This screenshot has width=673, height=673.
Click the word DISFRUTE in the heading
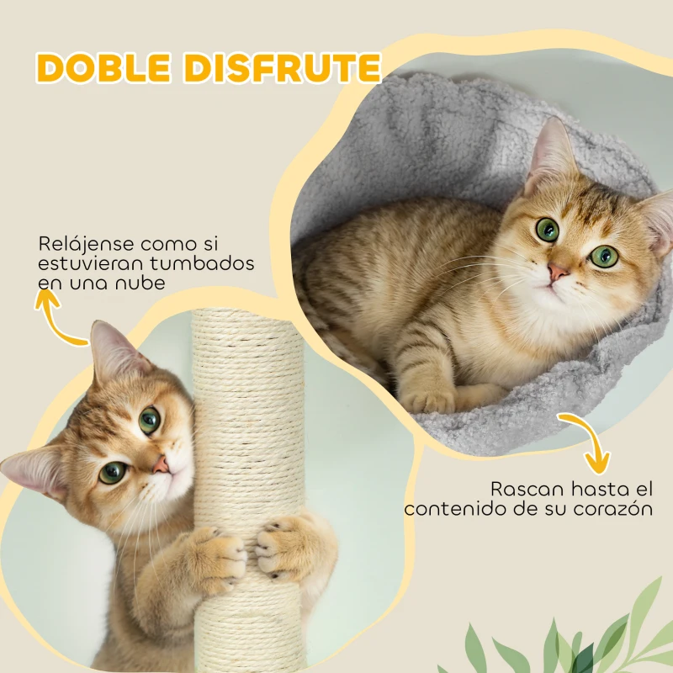[283, 68]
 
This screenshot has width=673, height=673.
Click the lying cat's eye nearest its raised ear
[548, 229]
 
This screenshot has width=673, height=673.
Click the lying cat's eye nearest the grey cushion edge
[603, 257]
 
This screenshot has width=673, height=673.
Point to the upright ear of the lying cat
[552, 151]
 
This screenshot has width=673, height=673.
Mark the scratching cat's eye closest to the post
[150, 420]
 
